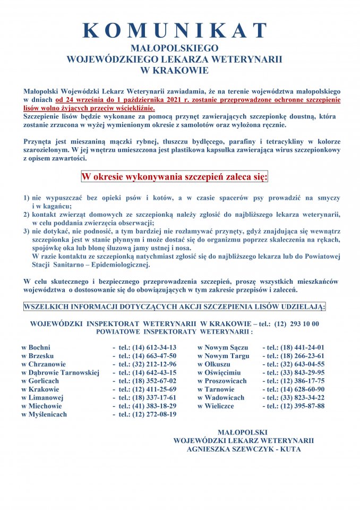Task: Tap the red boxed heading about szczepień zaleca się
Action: pos(174,176)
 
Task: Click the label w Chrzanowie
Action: pos(44,364)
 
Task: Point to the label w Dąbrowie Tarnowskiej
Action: pos(60,373)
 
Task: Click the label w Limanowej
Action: pos(42,397)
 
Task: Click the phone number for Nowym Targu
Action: pos(296,356)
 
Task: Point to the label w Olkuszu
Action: pos(214,364)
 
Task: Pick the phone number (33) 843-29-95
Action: pos(296,373)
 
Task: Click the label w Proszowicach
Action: pos(222,381)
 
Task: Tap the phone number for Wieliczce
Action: pos(296,406)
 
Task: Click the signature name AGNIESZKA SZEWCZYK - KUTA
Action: pos(244,449)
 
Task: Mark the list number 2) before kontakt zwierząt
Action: pos(26,215)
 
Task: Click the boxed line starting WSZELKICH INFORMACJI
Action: pos(175,307)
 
